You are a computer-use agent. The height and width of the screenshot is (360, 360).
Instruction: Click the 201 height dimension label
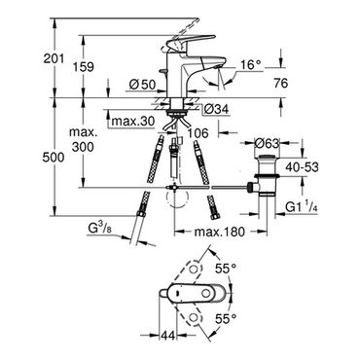54,58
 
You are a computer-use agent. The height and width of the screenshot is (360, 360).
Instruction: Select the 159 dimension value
84,67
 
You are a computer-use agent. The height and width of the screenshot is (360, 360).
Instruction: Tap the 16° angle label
250,64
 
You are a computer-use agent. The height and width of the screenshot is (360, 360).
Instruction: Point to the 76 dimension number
280,83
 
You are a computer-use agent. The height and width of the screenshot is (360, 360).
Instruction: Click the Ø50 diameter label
143,85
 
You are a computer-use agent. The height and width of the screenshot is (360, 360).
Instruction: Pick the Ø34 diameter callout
217,109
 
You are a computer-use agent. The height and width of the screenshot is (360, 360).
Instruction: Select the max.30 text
132,122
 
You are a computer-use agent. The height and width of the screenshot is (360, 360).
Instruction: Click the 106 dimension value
198,133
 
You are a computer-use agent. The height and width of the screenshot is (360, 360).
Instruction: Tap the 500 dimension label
54,158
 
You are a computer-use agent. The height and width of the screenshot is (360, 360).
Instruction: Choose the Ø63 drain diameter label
267,143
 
